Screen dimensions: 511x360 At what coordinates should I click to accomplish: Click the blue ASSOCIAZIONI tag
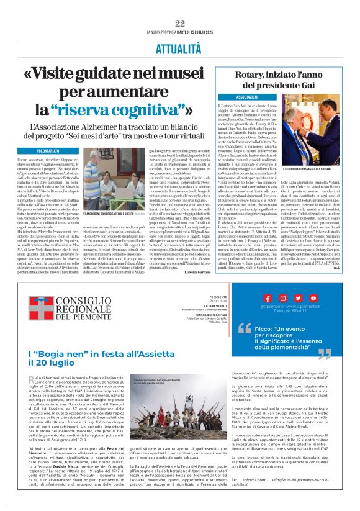[x=248, y=97]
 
